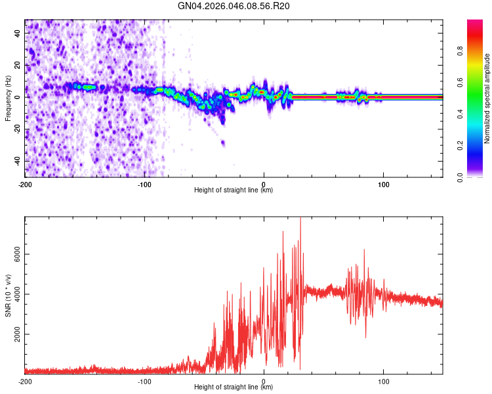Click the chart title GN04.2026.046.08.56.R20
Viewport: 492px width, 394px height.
point(234,6)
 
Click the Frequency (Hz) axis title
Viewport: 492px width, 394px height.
point(8,98)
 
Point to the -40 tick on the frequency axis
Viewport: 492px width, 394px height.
point(18,161)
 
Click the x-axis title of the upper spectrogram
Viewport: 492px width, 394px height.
point(234,190)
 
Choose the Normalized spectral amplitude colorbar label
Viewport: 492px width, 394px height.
point(487,98)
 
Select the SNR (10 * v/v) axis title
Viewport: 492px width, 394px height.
point(8,295)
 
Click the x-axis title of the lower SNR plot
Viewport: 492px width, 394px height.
point(234,387)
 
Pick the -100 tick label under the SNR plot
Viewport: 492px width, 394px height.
point(144,381)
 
